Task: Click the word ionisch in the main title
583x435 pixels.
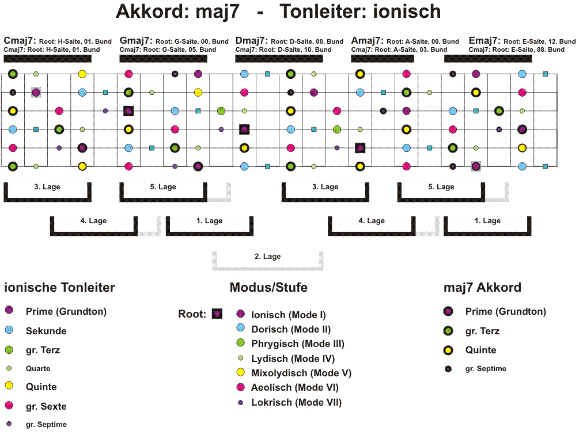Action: [x=407, y=11]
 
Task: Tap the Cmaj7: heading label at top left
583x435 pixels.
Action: [x=20, y=40]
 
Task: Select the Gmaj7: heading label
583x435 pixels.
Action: [x=136, y=40]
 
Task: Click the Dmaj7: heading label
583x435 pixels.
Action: [x=252, y=40]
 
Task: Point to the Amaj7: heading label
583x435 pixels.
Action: [x=368, y=40]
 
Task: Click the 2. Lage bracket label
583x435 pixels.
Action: [x=268, y=256]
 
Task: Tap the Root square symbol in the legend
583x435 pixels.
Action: [x=217, y=314]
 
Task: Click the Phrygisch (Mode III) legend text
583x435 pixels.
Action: [x=298, y=344]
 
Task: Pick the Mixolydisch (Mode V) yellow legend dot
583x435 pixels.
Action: [x=241, y=372]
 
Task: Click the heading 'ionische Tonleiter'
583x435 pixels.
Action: [x=59, y=287]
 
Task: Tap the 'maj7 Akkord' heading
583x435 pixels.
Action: [x=482, y=287]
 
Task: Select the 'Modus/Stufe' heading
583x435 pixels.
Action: [x=268, y=287]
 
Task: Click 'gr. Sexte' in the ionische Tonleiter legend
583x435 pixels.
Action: [x=46, y=406]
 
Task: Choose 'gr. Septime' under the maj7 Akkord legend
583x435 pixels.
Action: [x=486, y=368]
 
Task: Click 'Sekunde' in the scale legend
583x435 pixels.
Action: [x=46, y=331]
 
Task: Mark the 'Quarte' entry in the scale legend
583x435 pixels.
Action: [x=38, y=368]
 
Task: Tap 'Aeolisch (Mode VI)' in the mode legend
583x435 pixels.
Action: [x=295, y=387]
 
